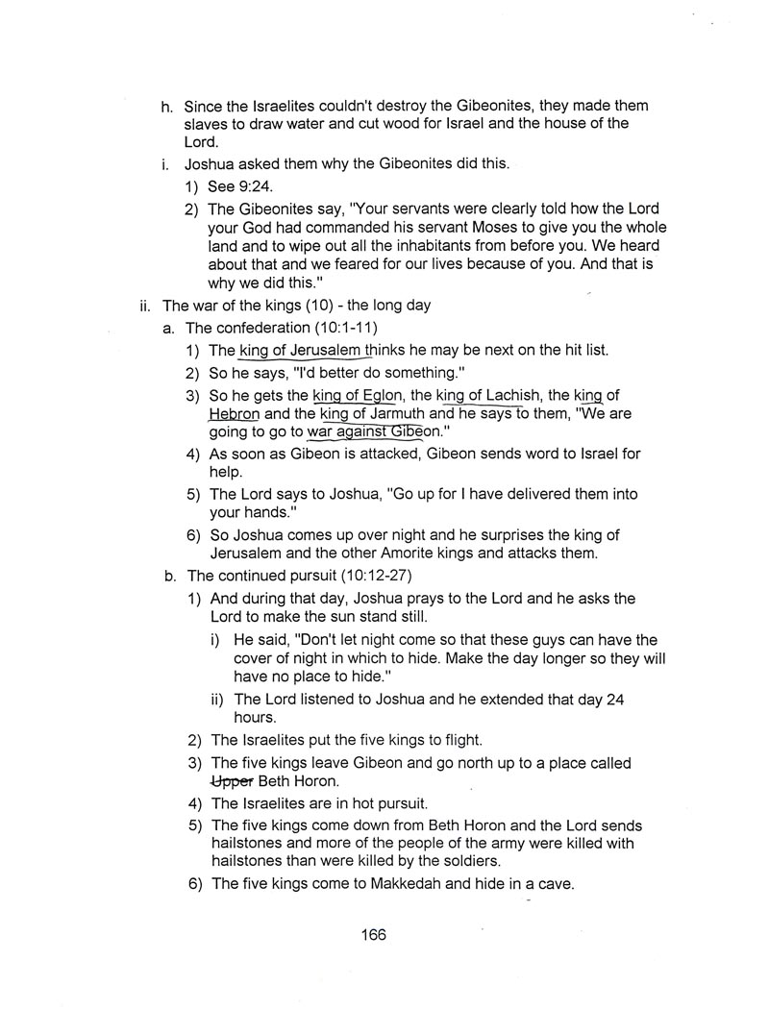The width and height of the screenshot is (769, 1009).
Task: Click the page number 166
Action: [x=374, y=934]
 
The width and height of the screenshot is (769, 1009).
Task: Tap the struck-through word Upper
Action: [x=232, y=781]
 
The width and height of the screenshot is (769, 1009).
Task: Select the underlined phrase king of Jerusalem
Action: [x=300, y=351]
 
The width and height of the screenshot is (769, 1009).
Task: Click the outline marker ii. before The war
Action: [x=146, y=307]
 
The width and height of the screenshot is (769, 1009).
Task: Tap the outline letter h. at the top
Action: [x=167, y=106]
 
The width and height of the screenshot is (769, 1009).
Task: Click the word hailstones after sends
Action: [x=249, y=845]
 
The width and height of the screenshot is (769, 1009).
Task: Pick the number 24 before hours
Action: [x=615, y=701]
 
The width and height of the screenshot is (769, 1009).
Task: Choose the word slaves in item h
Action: [x=210, y=124]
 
